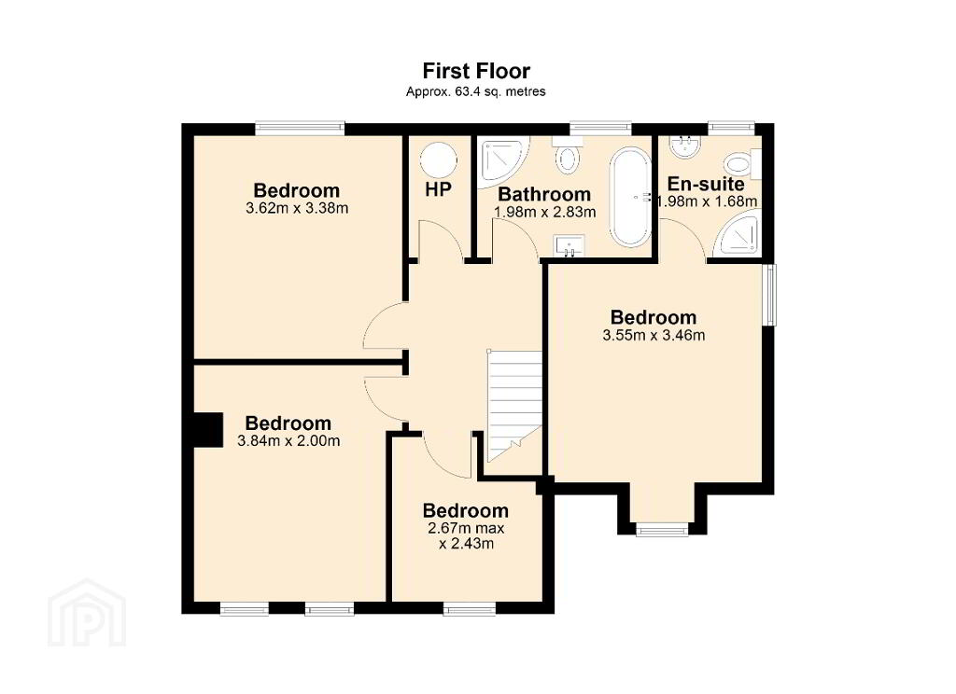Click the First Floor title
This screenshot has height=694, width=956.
coord(476,71)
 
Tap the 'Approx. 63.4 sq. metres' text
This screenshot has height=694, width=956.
coord(475,92)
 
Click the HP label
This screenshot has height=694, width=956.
coord(439,189)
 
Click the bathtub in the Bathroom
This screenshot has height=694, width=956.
coord(630,197)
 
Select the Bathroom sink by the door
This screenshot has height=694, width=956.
coord(569,246)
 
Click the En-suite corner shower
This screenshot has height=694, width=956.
coord(739,232)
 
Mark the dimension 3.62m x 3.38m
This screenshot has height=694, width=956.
coord(297,208)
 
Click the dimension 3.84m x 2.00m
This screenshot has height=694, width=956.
coord(288,440)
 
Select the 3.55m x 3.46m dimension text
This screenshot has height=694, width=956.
coord(654,335)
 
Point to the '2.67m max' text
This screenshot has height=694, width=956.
coord(467,528)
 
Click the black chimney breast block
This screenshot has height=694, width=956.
coord(207,430)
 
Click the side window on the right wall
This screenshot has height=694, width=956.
coord(770,294)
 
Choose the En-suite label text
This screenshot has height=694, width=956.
coord(706,184)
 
